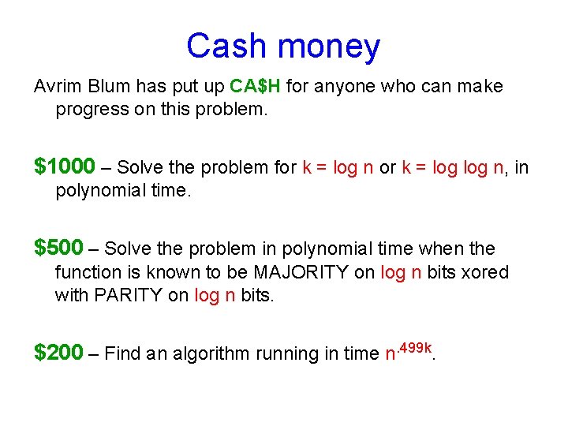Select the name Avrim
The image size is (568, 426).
tap(57, 86)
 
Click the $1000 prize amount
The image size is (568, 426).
tap(65, 167)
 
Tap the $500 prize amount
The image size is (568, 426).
tap(58, 248)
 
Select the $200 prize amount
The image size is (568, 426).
tap(58, 353)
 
